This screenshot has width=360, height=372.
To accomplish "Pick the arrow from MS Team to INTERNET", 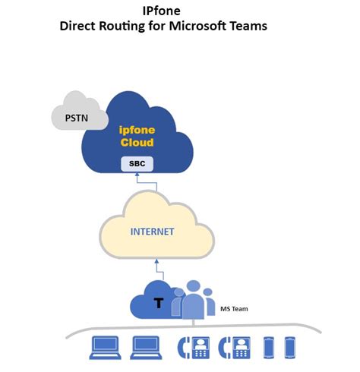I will pos(157,270).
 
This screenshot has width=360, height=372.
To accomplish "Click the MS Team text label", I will pos(232,309).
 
